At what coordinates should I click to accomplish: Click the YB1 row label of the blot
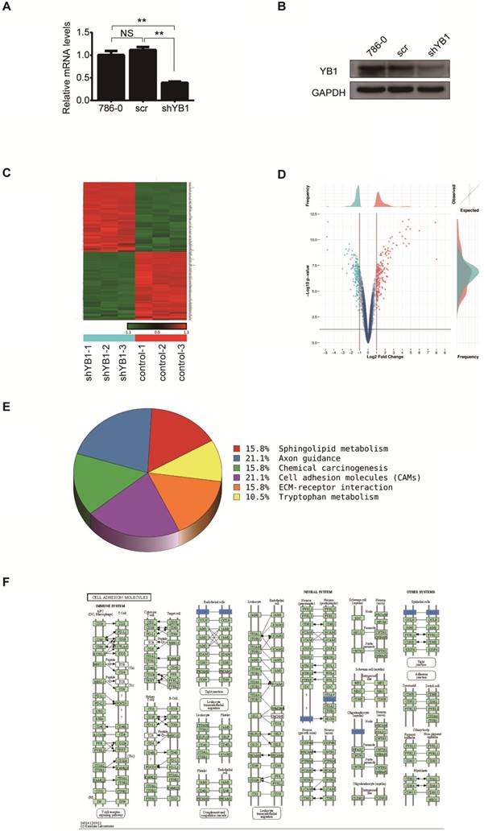(324, 69)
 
